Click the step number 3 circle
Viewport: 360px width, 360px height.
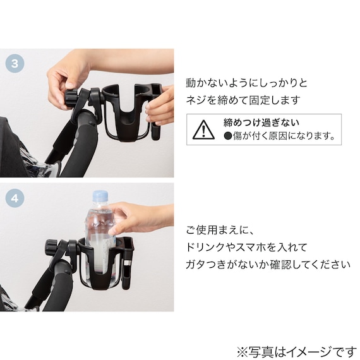pyautogui.click(x=15, y=63)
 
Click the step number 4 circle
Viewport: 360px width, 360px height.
pyautogui.click(x=15, y=198)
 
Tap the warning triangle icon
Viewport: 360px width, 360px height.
pyautogui.click(x=203, y=130)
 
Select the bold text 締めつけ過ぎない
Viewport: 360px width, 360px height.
pyautogui.click(x=261, y=123)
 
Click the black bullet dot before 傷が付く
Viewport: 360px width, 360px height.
pyautogui.click(x=228, y=136)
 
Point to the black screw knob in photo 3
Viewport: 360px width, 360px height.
pyautogui.click(x=71, y=99)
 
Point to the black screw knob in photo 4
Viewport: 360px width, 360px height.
pyautogui.click(x=51, y=248)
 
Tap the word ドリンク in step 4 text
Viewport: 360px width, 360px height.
pyautogui.click(x=205, y=248)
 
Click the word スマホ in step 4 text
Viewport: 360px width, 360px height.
pyautogui.click(x=249, y=248)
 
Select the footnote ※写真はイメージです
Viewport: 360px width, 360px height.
pyautogui.click(x=296, y=352)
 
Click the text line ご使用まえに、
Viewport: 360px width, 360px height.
pyautogui.click(x=220, y=230)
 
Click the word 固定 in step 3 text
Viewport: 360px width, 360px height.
pyautogui.click(x=260, y=100)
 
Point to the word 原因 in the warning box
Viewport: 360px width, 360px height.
pyautogui.click(x=279, y=136)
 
